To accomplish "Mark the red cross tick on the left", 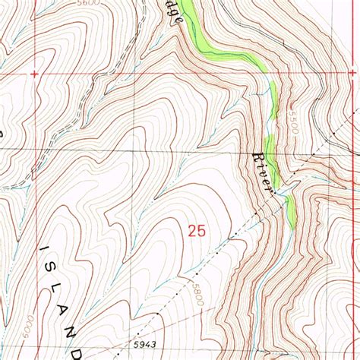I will point(35,74).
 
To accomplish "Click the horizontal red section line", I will point(152,74).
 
